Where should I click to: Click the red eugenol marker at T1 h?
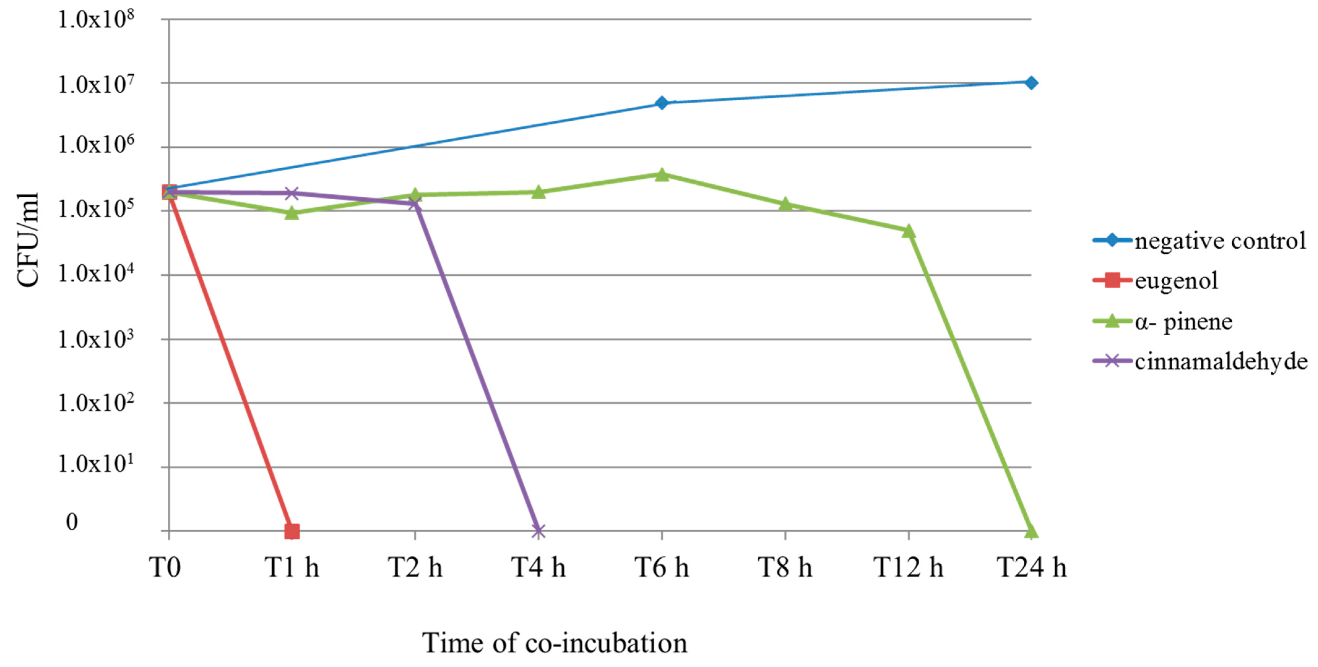(x=292, y=531)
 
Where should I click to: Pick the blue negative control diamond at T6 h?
(x=661, y=103)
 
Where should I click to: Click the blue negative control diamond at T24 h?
(x=1031, y=82)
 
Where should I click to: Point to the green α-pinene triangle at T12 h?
(x=908, y=231)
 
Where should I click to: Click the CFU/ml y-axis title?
(x=28, y=240)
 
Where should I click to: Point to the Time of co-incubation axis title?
(x=555, y=643)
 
